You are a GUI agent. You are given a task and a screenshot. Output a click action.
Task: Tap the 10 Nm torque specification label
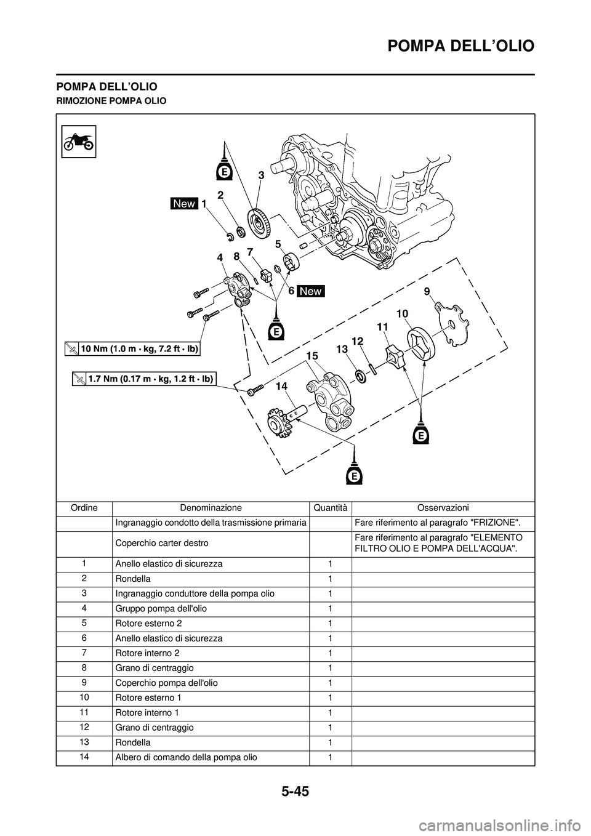[133, 348]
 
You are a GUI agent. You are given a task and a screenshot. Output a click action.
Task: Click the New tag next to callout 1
[184, 203]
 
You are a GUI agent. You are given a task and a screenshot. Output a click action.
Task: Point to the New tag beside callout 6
[311, 291]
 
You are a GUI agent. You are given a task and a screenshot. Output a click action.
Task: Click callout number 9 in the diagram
[426, 289]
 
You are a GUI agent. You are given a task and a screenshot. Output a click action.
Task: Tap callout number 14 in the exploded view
[281, 386]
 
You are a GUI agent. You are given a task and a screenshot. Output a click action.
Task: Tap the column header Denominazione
[211, 508]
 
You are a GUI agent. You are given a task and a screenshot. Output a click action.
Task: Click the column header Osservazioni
[443, 508]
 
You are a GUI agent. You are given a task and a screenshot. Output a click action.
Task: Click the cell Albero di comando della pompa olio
[186, 757]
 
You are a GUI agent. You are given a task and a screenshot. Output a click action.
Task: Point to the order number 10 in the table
[84, 697]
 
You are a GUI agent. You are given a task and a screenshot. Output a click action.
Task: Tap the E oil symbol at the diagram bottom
[354, 476]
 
